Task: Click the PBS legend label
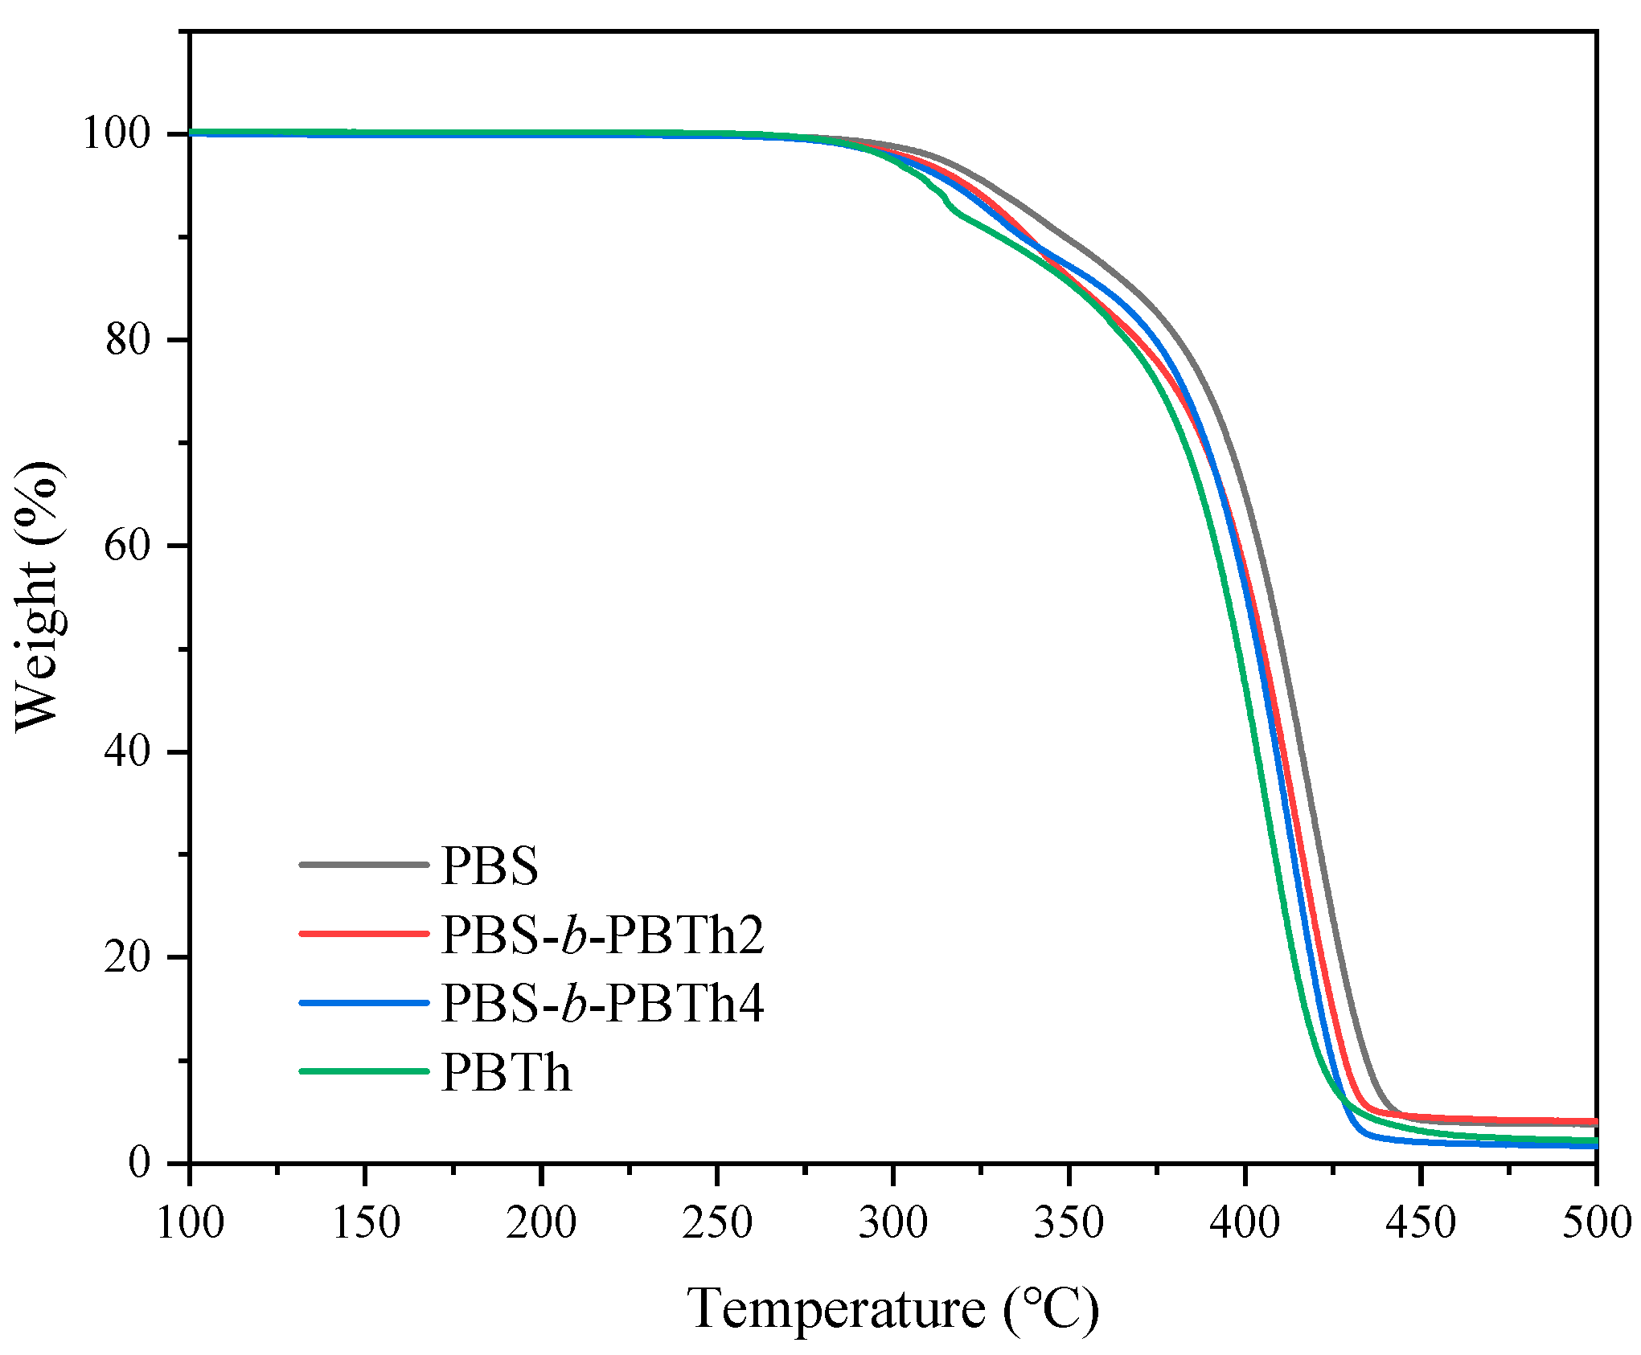tap(490, 866)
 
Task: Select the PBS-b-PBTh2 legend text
tap(602, 935)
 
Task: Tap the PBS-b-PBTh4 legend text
tap(602, 1004)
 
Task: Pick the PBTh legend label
tap(506, 1073)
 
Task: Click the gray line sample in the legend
tap(364, 865)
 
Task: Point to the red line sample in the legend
tap(364, 934)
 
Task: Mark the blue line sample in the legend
tap(364, 1003)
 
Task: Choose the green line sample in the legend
tap(364, 1071)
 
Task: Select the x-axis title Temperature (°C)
tap(892, 1309)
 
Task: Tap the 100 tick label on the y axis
tap(117, 133)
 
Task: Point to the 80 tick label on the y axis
tap(129, 339)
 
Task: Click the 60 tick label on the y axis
tap(129, 546)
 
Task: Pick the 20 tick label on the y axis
tap(129, 957)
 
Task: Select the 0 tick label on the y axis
tap(140, 1163)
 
